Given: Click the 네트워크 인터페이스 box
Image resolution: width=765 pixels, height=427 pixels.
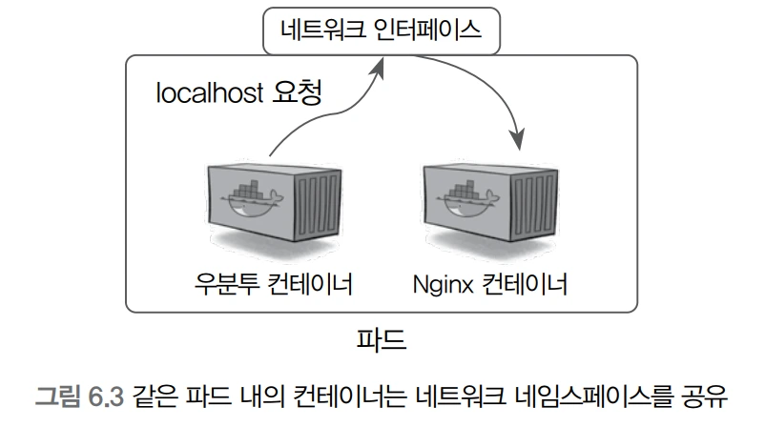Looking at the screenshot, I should point(382,30).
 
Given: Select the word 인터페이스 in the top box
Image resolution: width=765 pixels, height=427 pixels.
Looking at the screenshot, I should point(428,30).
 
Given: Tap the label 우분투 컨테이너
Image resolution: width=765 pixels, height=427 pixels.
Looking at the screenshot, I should point(273,284).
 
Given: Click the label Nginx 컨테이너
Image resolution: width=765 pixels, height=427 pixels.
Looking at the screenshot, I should point(490,284).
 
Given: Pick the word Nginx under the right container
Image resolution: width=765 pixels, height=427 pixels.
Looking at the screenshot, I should point(444,284).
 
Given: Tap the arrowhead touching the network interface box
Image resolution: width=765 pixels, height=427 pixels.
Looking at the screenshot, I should point(382,64).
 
